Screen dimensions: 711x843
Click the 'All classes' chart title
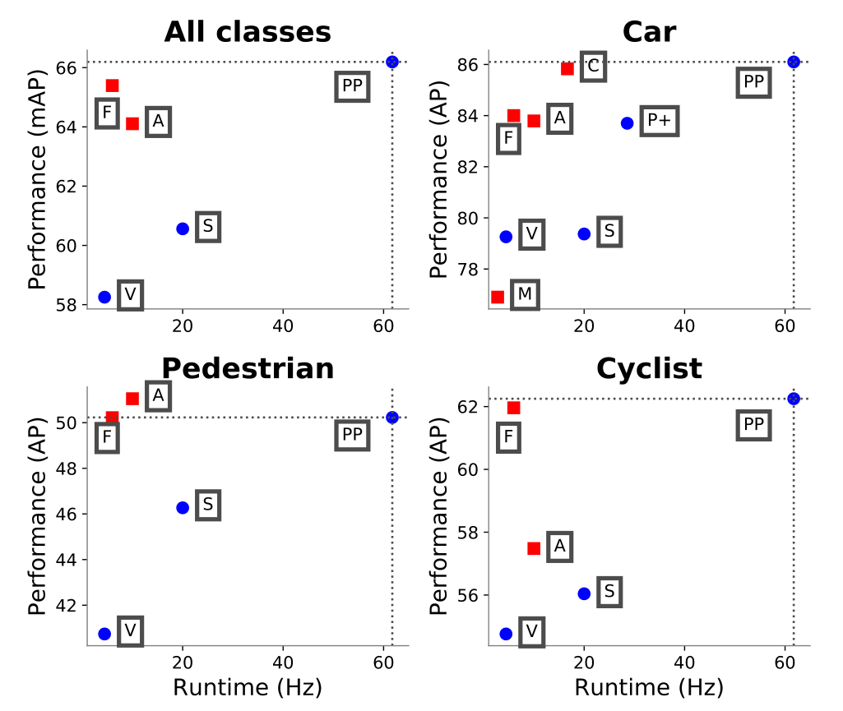point(248,32)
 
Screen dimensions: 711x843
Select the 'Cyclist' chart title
point(649,368)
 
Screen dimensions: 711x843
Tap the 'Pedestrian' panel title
point(248,368)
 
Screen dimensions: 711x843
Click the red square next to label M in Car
point(497,297)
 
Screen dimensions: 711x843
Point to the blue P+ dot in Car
point(628,122)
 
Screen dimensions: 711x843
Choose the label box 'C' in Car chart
point(593,66)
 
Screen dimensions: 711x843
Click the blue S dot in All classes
point(183,229)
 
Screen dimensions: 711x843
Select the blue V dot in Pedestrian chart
point(104,634)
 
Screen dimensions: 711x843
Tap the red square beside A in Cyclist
point(534,548)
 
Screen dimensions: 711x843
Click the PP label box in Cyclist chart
point(753,425)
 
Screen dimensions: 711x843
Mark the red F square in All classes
point(113,85)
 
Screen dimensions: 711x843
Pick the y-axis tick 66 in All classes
point(68,67)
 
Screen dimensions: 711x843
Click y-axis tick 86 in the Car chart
point(470,64)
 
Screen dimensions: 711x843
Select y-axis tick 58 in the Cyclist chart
point(470,533)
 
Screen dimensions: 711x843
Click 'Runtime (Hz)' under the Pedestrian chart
point(248,686)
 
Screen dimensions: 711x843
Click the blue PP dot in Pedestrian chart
point(392,418)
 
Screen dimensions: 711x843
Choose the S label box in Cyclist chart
point(609,591)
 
